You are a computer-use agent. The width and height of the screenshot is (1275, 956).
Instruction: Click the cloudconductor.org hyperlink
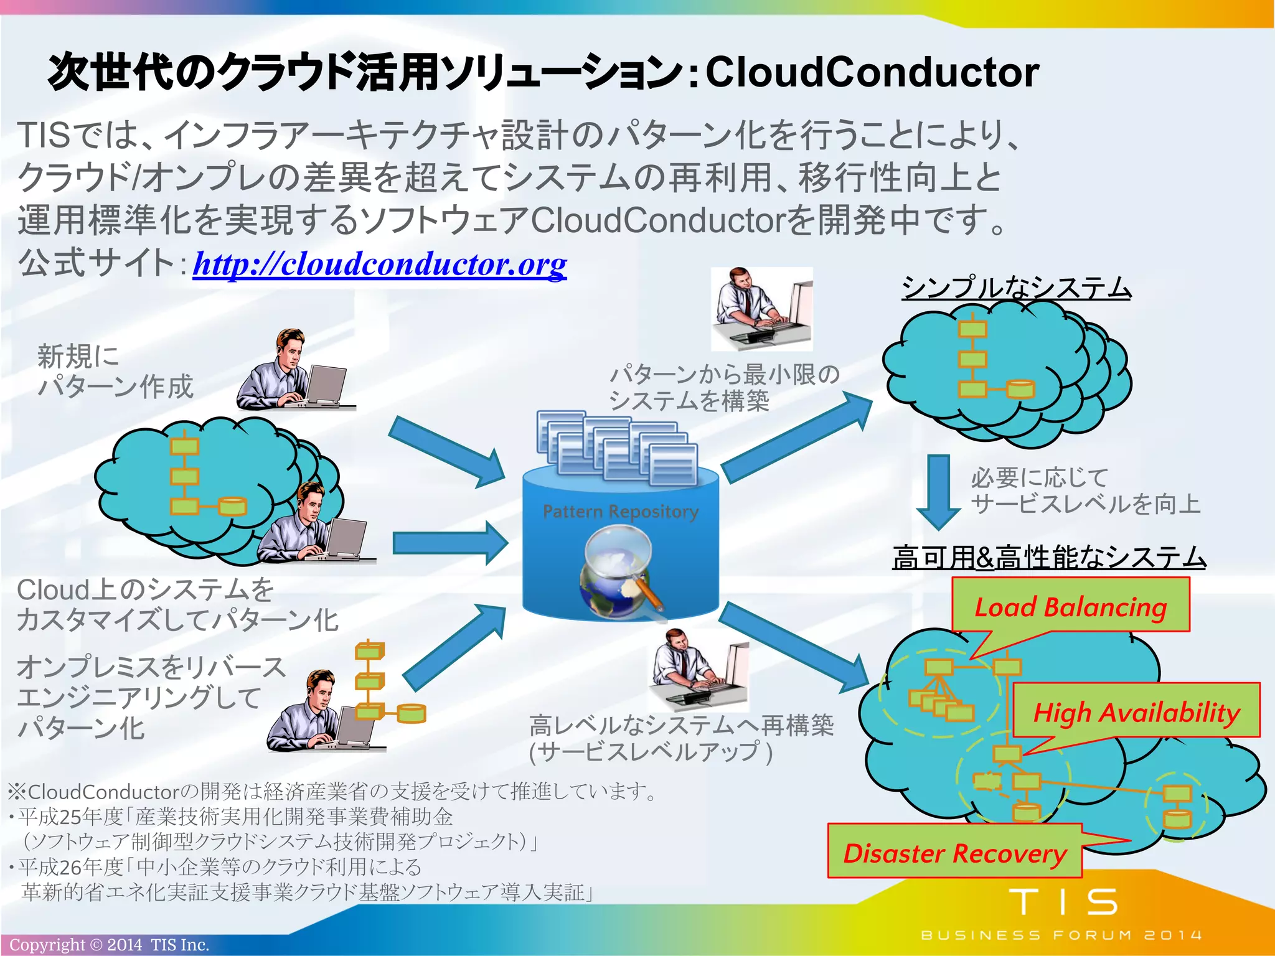(x=379, y=265)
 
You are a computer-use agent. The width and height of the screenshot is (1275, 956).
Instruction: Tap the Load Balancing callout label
(x=1070, y=607)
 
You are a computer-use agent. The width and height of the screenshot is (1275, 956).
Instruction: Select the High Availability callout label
(x=1136, y=712)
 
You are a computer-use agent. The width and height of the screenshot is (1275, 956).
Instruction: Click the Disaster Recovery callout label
(x=954, y=853)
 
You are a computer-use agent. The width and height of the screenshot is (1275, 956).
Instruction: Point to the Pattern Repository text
(x=620, y=512)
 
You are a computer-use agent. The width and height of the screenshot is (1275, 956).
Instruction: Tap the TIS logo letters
(x=1063, y=902)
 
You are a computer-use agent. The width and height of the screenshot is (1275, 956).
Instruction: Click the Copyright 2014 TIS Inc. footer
(x=109, y=945)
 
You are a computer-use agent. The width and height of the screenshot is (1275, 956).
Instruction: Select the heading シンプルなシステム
(x=1016, y=288)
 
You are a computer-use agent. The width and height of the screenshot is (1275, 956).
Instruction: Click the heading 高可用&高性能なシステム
(x=1049, y=557)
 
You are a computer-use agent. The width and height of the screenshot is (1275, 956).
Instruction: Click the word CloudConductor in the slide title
(x=872, y=72)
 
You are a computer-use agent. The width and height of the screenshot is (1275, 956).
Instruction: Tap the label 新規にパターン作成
(x=115, y=371)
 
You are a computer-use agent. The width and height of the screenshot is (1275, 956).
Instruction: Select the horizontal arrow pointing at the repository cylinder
(x=449, y=543)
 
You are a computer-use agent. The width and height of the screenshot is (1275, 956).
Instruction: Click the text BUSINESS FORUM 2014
(x=1061, y=935)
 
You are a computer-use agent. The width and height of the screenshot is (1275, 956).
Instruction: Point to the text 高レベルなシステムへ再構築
(x=681, y=726)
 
